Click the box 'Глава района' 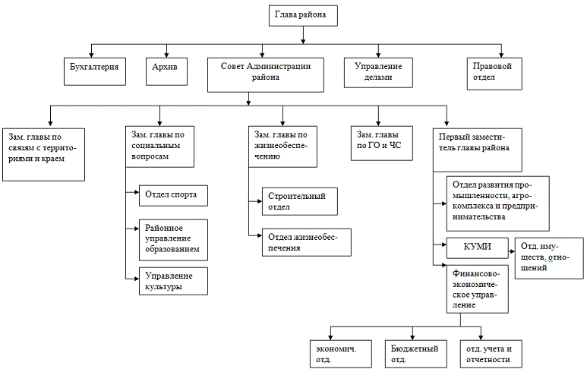(301, 16)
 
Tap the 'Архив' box (167, 73)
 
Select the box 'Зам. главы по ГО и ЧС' (380, 141)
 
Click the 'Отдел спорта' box (172, 194)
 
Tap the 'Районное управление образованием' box (172, 238)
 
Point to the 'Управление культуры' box (172, 280)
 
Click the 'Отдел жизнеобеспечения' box (303, 242)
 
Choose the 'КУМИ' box (477, 247)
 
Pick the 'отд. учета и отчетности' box (488, 353)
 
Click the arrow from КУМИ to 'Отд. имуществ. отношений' (508, 247)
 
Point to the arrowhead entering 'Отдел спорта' (134, 194)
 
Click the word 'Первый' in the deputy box (453, 134)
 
